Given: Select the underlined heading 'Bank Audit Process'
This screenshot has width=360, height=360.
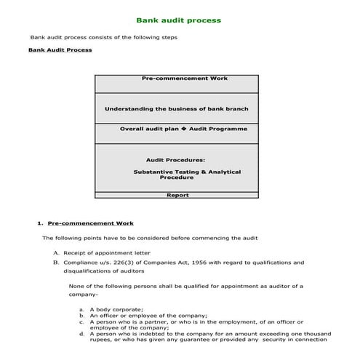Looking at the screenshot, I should [x=60, y=51].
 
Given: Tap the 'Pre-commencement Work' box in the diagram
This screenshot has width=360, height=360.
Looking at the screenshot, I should [x=175, y=78].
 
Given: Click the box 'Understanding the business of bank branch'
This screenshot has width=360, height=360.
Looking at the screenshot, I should [x=176, y=108].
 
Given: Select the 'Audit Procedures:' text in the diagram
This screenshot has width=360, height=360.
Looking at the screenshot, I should [x=176, y=159].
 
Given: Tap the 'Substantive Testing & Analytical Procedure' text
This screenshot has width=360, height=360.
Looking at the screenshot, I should [x=187, y=175].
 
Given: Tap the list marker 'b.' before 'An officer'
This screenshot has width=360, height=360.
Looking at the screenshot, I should [x=82, y=316].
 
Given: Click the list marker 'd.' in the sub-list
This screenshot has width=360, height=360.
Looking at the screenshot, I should [x=82, y=333].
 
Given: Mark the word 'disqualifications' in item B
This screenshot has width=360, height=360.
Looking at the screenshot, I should [x=87, y=271].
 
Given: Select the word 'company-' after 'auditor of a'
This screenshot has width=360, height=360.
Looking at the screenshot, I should [x=82, y=295].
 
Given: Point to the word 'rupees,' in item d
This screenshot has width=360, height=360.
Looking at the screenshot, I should [x=101, y=339].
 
